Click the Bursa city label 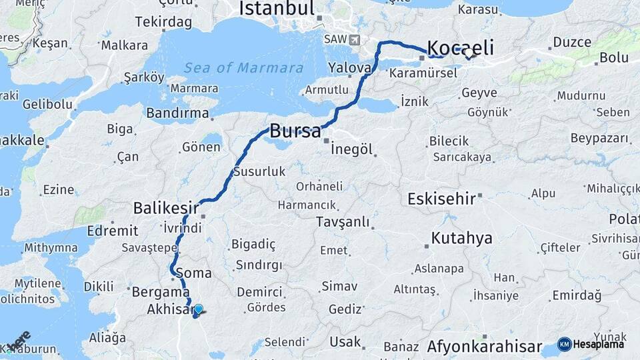tap(295, 131)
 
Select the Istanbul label tap(276, 9)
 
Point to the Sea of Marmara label tap(243, 67)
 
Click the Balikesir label tap(166, 208)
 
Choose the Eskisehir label tap(441, 198)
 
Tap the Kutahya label tap(461, 238)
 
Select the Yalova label tap(349, 67)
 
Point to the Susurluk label tap(259, 171)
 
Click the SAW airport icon tap(353, 39)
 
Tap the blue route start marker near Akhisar tap(198, 309)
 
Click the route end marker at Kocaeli tap(469, 53)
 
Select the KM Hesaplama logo tap(591, 344)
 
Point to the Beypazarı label tap(600, 138)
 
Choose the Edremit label tap(107, 231)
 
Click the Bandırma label tap(169, 113)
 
